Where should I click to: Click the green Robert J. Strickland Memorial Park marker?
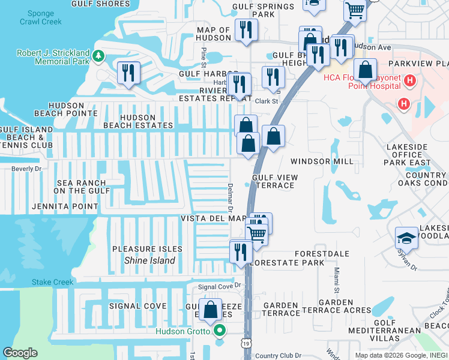tap(98, 57)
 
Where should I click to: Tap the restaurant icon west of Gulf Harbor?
tap(128, 74)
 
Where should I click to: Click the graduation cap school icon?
tap(407, 238)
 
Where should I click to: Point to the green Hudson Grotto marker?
tap(220, 331)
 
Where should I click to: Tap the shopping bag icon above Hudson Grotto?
tap(211, 310)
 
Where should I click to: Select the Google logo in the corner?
tap(20, 353)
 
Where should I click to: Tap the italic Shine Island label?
tap(149, 260)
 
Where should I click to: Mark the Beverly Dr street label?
tap(25, 169)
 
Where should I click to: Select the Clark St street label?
tap(267, 101)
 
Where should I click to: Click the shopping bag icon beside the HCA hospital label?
tap(365, 71)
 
